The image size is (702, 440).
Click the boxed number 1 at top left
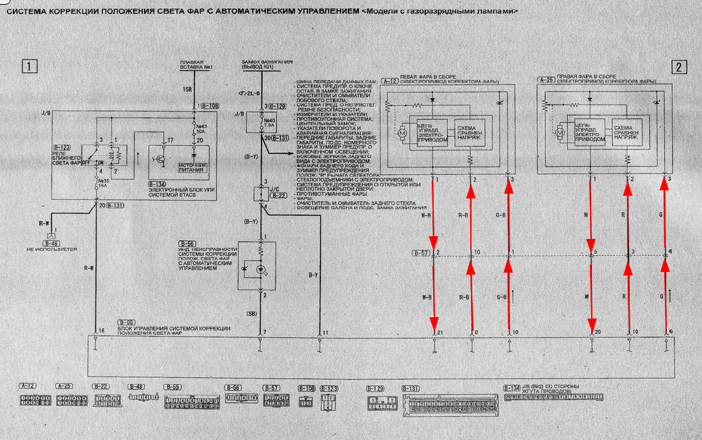point(28,66)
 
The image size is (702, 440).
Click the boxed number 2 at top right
point(679,66)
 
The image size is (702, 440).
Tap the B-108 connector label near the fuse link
point(210,107)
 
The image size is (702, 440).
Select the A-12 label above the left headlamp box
point(390,81)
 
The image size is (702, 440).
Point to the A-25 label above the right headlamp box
point(547,81)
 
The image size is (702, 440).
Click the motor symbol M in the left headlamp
point(401,134)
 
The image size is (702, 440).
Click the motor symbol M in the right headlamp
point(559,134)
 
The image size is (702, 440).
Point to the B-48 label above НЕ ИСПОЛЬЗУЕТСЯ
point(50,242)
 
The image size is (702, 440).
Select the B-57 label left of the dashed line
point(422,254)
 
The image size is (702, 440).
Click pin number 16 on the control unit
point(101,331)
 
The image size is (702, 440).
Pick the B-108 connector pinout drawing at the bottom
point(306,403)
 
